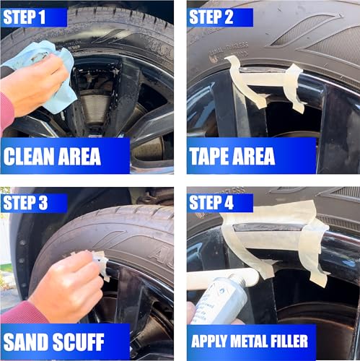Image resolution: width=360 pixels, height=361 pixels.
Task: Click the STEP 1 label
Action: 27,16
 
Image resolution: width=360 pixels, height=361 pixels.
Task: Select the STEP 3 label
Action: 27,203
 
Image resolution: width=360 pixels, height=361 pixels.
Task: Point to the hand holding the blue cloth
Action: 32,83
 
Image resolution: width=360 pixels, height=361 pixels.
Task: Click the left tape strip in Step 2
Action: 243,79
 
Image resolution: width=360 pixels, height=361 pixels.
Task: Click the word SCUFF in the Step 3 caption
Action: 92,342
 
